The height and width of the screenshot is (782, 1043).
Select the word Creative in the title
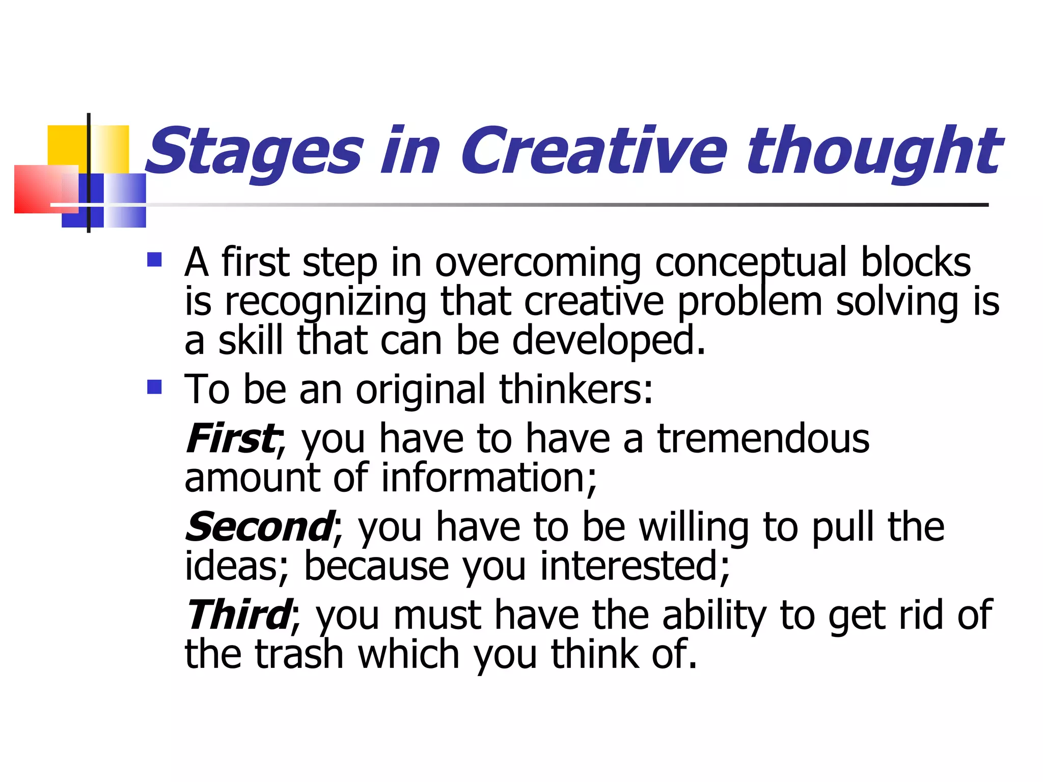[593, 151]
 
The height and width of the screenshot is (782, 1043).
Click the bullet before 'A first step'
[154, 260]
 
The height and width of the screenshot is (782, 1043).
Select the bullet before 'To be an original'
[154, 387]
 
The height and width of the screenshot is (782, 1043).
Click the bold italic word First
[231, 438]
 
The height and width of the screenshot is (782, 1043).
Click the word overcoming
[538, 263]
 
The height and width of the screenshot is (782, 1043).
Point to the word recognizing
[326, 302]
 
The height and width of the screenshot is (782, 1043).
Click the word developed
[608, 341]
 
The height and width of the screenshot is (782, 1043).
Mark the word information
[489, 478]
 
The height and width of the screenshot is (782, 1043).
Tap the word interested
[635, 566]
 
